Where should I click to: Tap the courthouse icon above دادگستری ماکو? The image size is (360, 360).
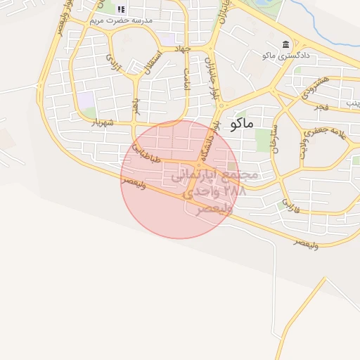(285, 44)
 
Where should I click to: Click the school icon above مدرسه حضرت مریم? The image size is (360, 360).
(121, 9)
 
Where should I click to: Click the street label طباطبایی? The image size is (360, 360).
(147, 154)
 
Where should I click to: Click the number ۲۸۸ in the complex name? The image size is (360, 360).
(235, 191)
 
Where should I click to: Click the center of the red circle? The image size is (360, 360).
(180, 179)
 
